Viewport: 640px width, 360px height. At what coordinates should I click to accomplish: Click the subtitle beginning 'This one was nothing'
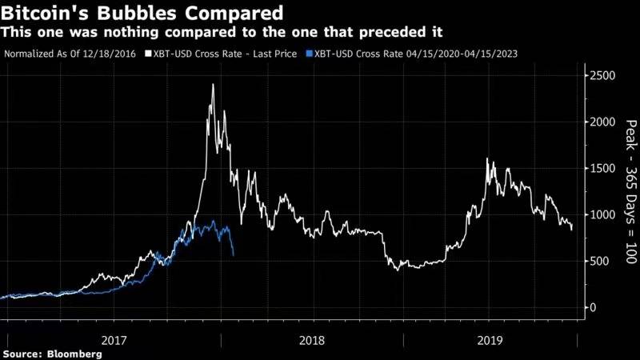pos(223,32)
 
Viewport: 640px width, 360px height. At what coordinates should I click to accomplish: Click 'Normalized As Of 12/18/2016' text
pos(69,54)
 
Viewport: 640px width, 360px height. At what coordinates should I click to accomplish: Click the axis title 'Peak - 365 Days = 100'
pos(630,193)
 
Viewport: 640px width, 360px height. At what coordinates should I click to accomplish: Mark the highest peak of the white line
pos(212,84)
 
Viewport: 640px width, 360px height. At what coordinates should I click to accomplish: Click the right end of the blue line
pos(233,255)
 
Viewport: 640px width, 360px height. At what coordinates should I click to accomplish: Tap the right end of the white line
pos(572,230)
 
